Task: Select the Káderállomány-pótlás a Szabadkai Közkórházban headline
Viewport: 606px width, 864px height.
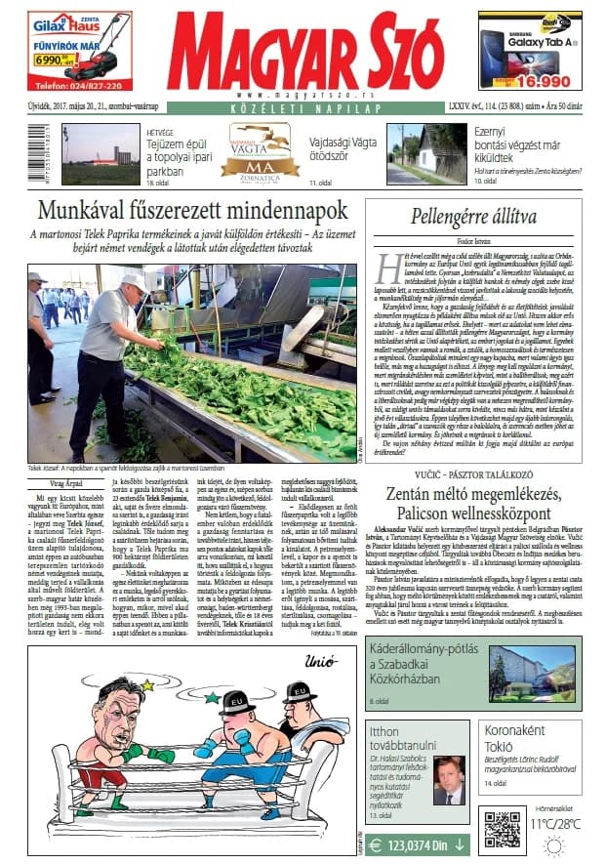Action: click(x=420, y=659)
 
